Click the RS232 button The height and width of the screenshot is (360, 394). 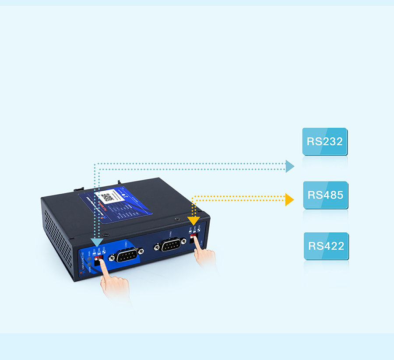coord(324,142)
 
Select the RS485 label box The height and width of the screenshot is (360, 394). coord(325,195)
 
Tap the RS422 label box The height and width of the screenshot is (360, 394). coord(326,246)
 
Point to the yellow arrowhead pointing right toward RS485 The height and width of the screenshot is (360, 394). coord(289,199)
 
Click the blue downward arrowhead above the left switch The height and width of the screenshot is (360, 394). coord(97,241)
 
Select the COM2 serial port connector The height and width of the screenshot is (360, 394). coord(171,246)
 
